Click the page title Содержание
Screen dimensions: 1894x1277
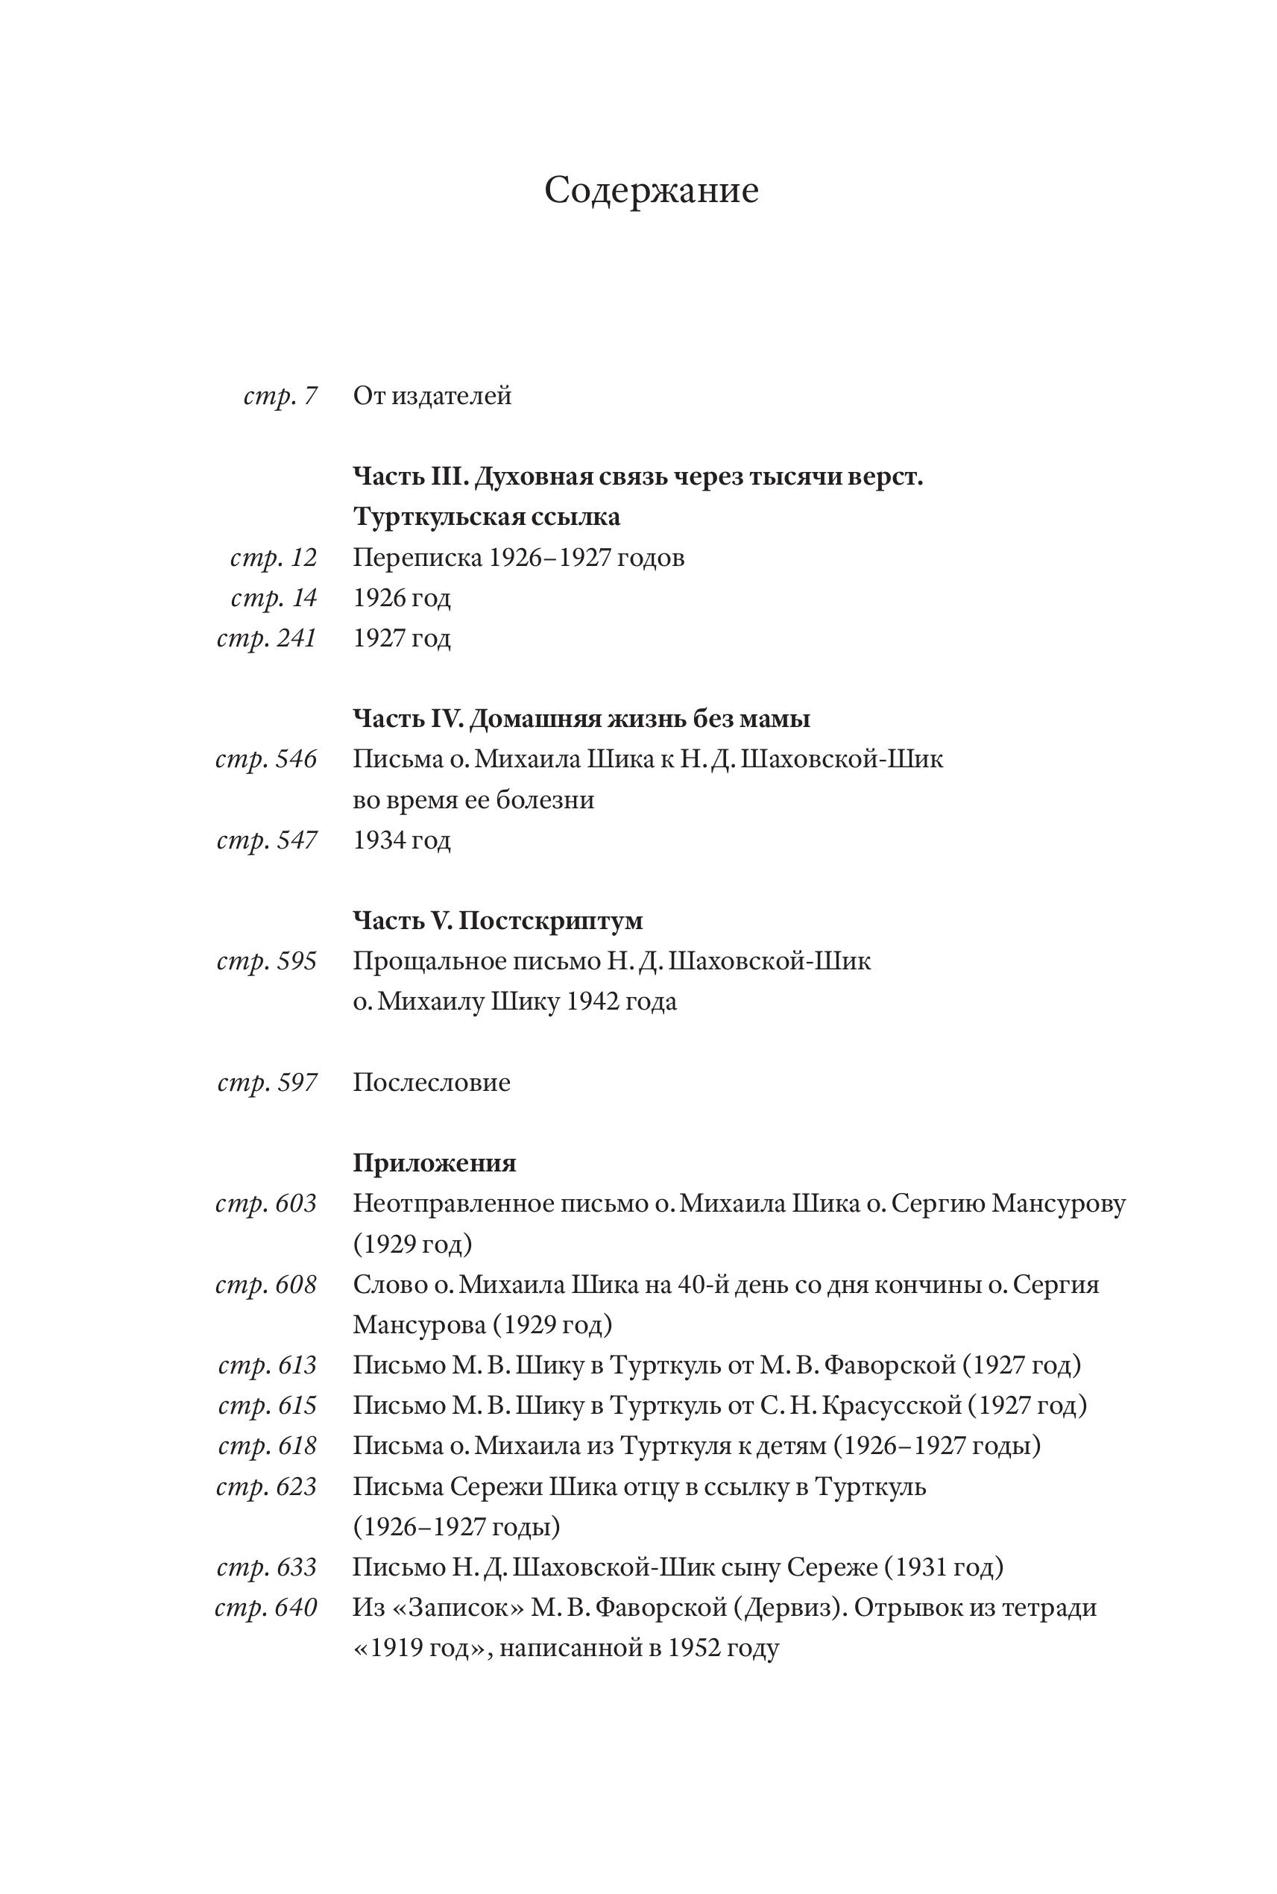point(651,191)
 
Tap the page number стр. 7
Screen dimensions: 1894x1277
point(280,396)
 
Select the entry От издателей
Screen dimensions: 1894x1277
point(432,396)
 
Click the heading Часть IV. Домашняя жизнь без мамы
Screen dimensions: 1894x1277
point(581,719)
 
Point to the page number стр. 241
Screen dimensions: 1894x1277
point(266,638)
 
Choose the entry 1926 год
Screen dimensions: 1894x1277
point(402,598)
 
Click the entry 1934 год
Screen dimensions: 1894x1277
point(402,839)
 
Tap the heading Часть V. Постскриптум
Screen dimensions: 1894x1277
point(498,920)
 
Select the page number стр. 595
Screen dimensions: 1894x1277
point(266,961)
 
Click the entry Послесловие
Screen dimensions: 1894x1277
point(432,1083)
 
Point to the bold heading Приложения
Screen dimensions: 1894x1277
point(434,1162)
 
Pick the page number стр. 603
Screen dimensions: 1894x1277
point(265,1204)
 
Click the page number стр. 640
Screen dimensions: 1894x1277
point(265,1607)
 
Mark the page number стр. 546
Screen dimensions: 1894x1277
point(265,759)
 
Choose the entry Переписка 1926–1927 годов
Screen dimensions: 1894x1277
point(518,558)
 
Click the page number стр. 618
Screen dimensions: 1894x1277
point(266,1446)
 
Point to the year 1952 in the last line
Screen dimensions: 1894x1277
point(693,1648)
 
